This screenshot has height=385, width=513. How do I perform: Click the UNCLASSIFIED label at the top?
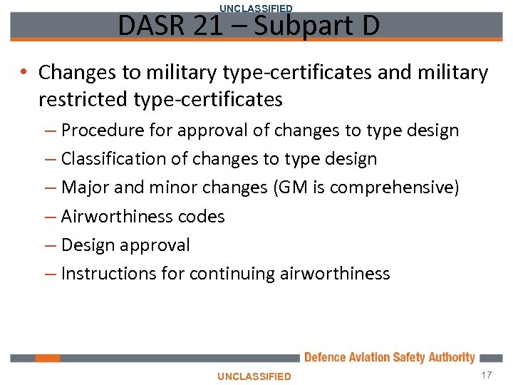pos(256,8)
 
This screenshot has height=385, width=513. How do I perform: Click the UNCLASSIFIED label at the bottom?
pos(254,376)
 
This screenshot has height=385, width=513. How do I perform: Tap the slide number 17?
pos(487,375)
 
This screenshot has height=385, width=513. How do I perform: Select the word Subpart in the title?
pos(294,26)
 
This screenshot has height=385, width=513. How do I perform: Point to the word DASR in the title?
pos(144,26)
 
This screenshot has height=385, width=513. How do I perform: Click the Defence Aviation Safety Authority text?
pos(389,357)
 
